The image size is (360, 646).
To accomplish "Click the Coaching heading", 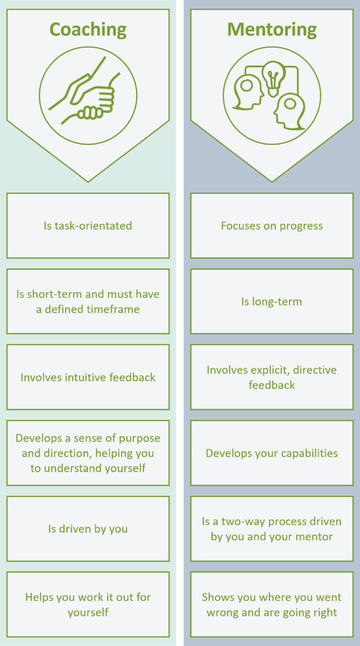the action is [x=88, y=30].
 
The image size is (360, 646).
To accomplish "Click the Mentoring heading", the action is [x=272, y=30].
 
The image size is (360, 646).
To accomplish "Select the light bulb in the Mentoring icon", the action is [x=274, y=78].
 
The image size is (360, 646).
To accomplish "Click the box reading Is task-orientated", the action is [x=88, y=226].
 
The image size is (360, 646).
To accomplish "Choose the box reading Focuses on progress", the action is [x=272, y=226].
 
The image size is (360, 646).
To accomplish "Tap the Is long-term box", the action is [x=272, y=301].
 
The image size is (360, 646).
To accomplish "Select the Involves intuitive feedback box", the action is [x=88, y=377].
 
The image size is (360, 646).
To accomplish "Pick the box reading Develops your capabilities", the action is [x=272, y=453].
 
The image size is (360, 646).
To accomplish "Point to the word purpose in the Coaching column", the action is [x=140, y=438].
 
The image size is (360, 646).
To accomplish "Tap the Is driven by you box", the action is [x=88, y=529].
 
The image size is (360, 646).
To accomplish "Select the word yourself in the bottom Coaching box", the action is [x=88, y=612].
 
